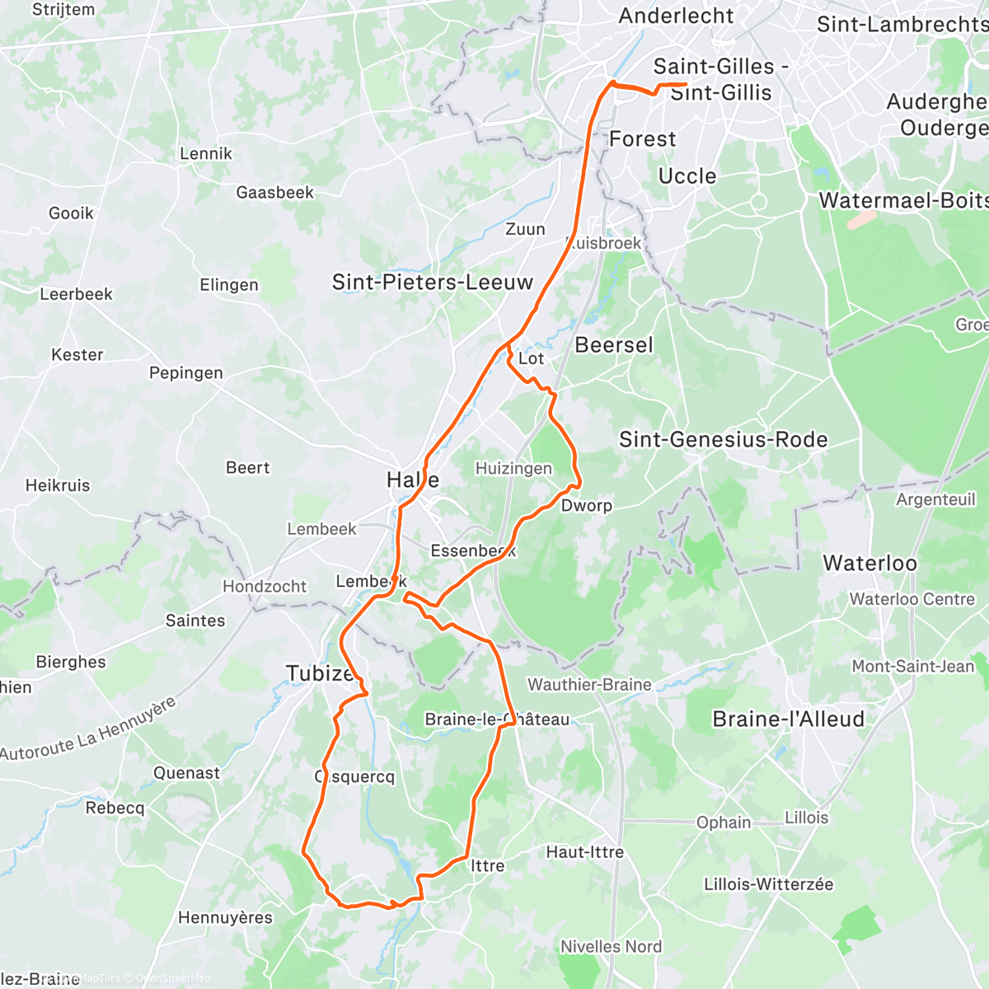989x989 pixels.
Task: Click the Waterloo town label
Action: [869, 563]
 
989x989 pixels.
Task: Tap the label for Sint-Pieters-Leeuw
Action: [433, 283]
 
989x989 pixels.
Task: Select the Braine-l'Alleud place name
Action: [788, 719]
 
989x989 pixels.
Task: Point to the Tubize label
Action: [320, 673]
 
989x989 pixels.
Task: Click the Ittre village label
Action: [487, 865]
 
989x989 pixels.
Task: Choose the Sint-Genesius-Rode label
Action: [723, 439]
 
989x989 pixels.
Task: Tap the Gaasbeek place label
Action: [274, 192]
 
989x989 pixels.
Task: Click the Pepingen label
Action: [185, 373]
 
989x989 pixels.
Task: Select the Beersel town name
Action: [613, 345]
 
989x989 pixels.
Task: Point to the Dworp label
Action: [586, 505]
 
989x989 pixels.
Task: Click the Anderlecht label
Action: [676, 16]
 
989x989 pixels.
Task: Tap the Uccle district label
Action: [687, 176]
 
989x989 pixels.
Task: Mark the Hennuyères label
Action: [225, 917]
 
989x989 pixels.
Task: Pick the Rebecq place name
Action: [115, 808]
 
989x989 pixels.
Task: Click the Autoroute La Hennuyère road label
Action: [88, 730]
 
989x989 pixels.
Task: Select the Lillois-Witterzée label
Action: [768, 884]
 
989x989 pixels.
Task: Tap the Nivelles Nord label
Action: [611, 946]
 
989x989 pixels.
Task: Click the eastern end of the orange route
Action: [686, 84]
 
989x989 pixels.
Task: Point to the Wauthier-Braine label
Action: [589, 684]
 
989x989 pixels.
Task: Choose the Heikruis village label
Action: [57, 485]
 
